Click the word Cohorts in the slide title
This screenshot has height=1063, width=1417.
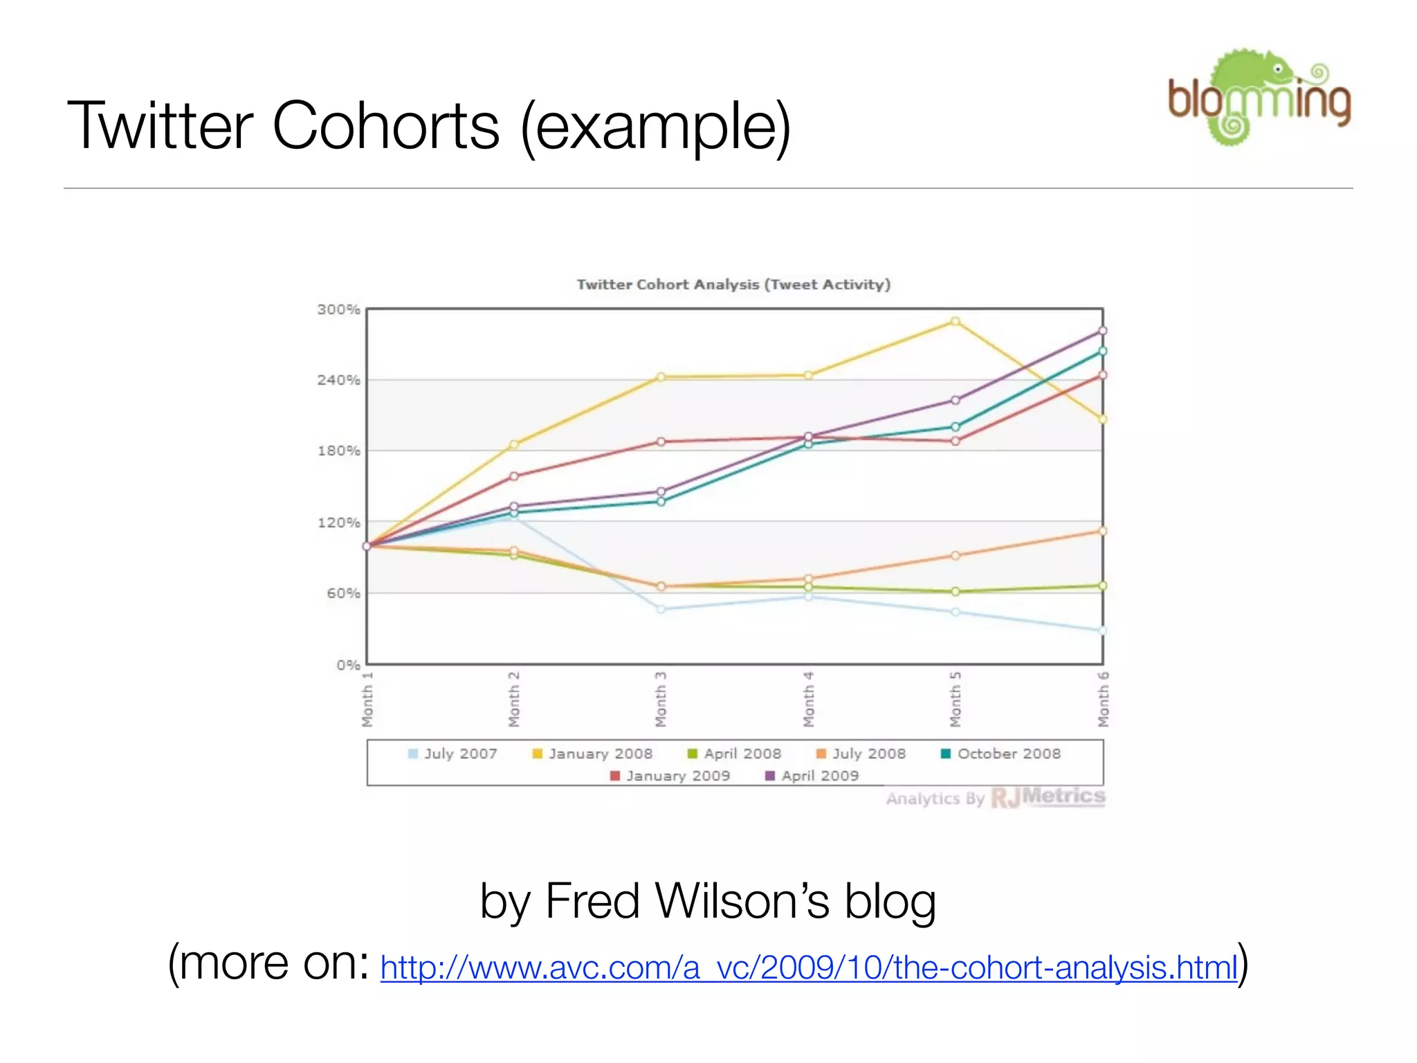[x=385, y=126]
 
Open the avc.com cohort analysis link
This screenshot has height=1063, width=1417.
[x=808, y=967]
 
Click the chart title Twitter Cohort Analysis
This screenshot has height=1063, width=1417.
[x=733, y=284]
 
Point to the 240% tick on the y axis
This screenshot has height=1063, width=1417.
[x=339, y=380]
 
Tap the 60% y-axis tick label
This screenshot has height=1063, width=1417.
[x=343, y=593]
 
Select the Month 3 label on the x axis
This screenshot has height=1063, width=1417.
[x=661, y=699]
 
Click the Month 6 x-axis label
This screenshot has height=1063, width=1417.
[x=1103, y=699]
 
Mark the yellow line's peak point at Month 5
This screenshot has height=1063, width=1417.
[x=956, y=321]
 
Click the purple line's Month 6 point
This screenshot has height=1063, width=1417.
[x=1103, y=331]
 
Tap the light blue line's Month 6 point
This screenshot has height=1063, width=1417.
[x=1103, y=630]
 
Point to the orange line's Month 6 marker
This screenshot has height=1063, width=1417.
[x=1103, y=531]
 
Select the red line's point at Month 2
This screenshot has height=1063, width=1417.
[x=514, y=476]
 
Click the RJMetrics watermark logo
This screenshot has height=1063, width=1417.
[x=1048, y=797]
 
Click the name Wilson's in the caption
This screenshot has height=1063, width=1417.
[x=742, y=901]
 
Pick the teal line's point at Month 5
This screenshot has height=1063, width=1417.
[x=956, y=427]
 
